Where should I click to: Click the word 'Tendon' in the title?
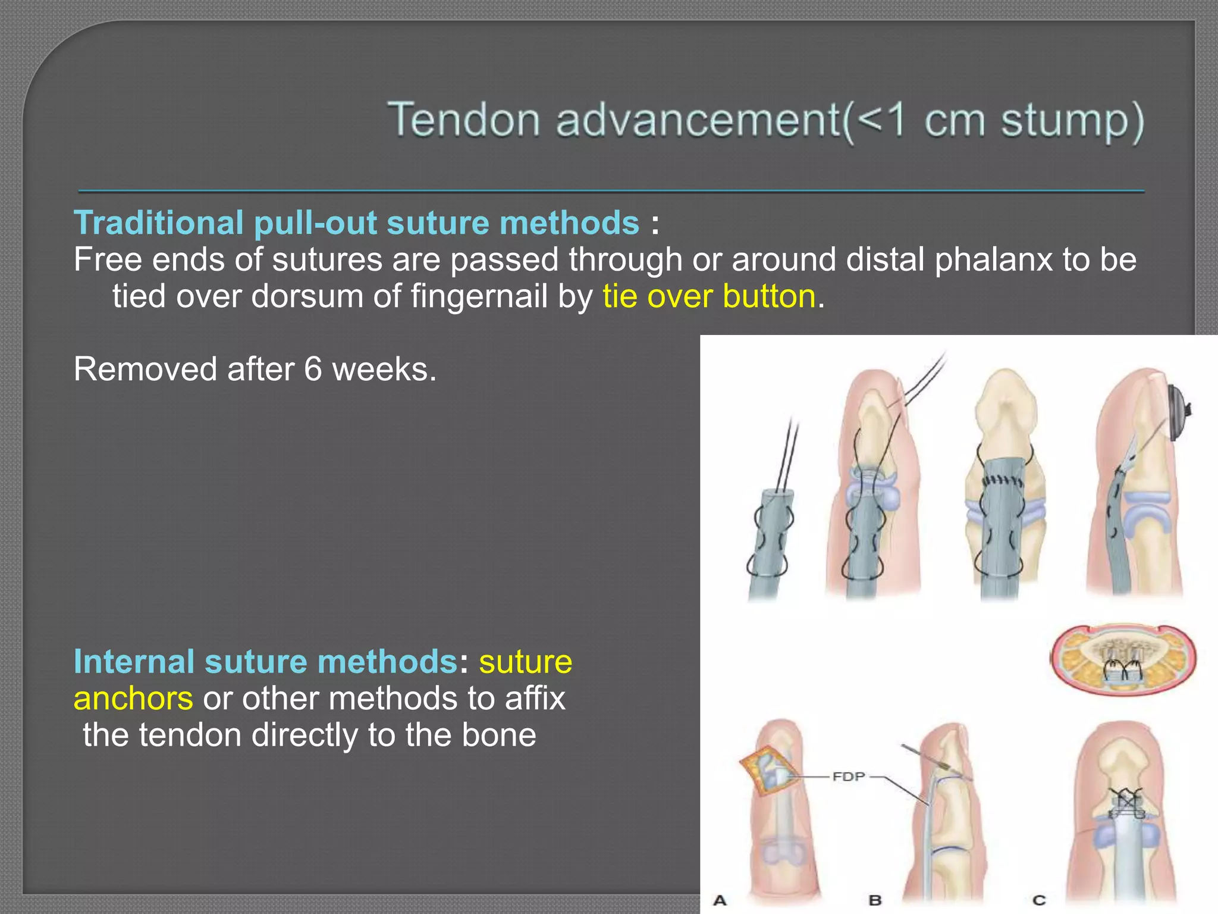pos(463,120)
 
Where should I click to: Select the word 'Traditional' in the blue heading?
pos(158,223)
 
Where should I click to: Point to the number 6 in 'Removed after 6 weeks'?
pos(313,370)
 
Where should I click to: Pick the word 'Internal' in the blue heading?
pos(134,662)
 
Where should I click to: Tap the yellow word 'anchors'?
pos(133,699)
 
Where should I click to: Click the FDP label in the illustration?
pos(848,777)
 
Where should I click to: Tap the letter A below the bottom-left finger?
pos(720,900)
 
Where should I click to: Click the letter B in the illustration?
pos(874,900)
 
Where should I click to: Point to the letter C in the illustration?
pos(1039,900)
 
